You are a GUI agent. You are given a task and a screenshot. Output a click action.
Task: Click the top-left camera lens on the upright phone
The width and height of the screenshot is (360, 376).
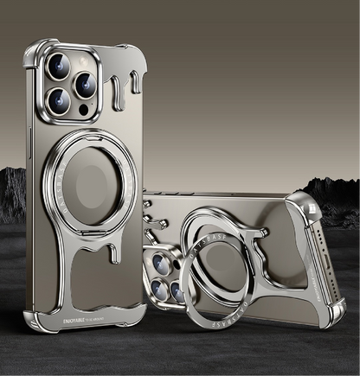61,67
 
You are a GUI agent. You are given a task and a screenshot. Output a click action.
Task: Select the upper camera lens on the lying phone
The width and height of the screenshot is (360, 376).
164,258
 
